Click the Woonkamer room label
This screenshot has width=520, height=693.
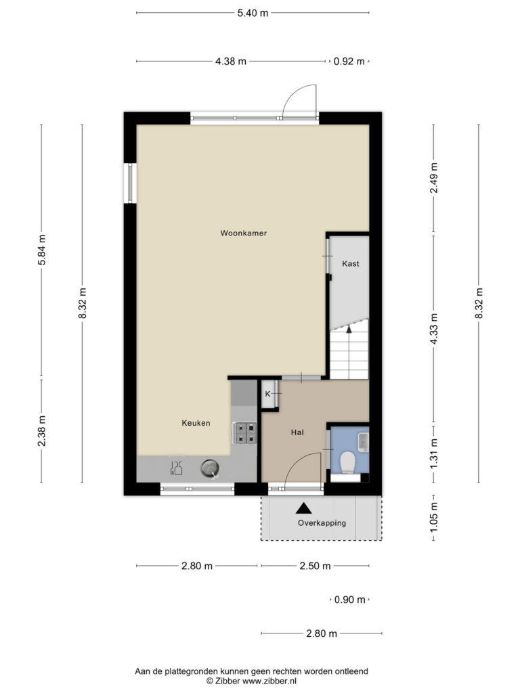click(244, 233)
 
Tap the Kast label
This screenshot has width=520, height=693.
click(351, 263)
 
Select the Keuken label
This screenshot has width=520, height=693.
click(196, 423)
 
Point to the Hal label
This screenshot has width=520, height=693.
click(297, 432)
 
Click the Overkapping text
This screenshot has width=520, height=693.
click(322, 523)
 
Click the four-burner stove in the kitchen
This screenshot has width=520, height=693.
click(245, 433)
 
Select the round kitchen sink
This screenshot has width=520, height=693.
click(209, 468)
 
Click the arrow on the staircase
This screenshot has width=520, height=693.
click(349, 330)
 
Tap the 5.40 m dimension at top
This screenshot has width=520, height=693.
click(253, 13)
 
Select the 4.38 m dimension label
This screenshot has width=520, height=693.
click(231, 61)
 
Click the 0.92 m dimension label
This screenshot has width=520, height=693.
click(349, 61)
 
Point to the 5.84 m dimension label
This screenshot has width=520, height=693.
click(41, 250)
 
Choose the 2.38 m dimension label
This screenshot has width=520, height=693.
click(41, 431)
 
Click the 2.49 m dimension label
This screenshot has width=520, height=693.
click(434, 178)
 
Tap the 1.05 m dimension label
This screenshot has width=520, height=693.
click(434, 517)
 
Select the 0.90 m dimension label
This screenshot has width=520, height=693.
click(350, 600)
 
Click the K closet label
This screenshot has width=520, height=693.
click(267, 394)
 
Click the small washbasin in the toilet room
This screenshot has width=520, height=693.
click(363, 442)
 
